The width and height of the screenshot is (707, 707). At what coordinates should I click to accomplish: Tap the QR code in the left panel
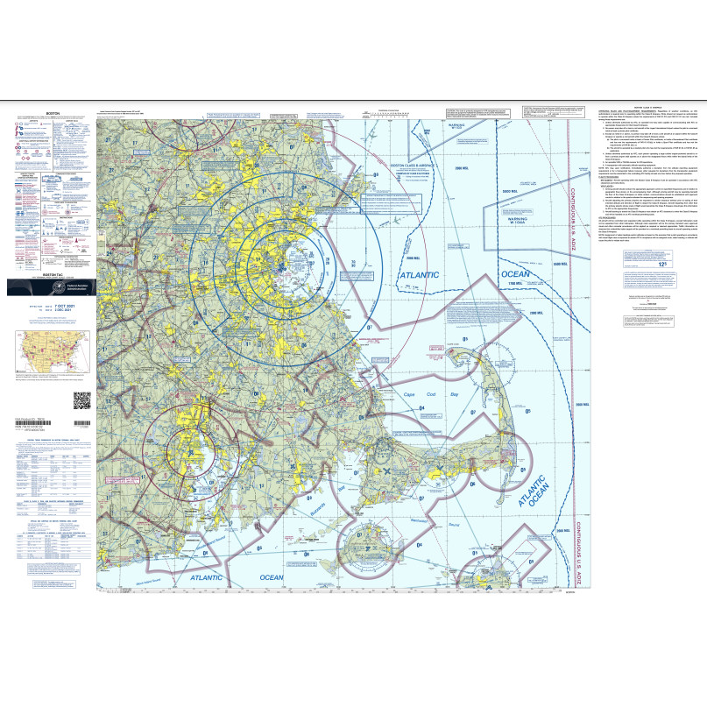(x=81, y=400)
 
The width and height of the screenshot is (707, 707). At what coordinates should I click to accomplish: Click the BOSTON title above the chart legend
(x=52, y=114)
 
